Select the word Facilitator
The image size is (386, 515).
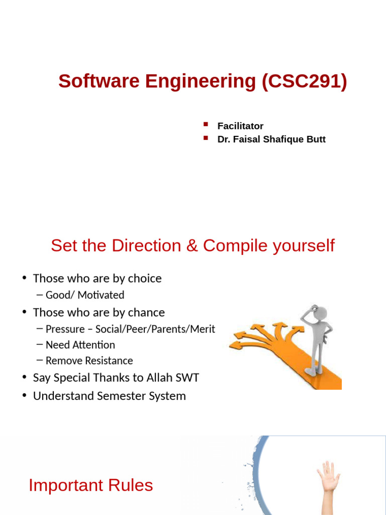[x=240, y=126]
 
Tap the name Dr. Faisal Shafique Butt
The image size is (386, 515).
[x=271, y=139]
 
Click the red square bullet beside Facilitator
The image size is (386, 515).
[x=206, y=124]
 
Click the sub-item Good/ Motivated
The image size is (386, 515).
[x=84, y=295]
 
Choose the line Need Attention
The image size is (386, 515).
[x=80, y=345]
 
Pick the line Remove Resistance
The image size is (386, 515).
[x=89, y=361]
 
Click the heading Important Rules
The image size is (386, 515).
[x=90, y=485]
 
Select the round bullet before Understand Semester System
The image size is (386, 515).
[x=24, y=396]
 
